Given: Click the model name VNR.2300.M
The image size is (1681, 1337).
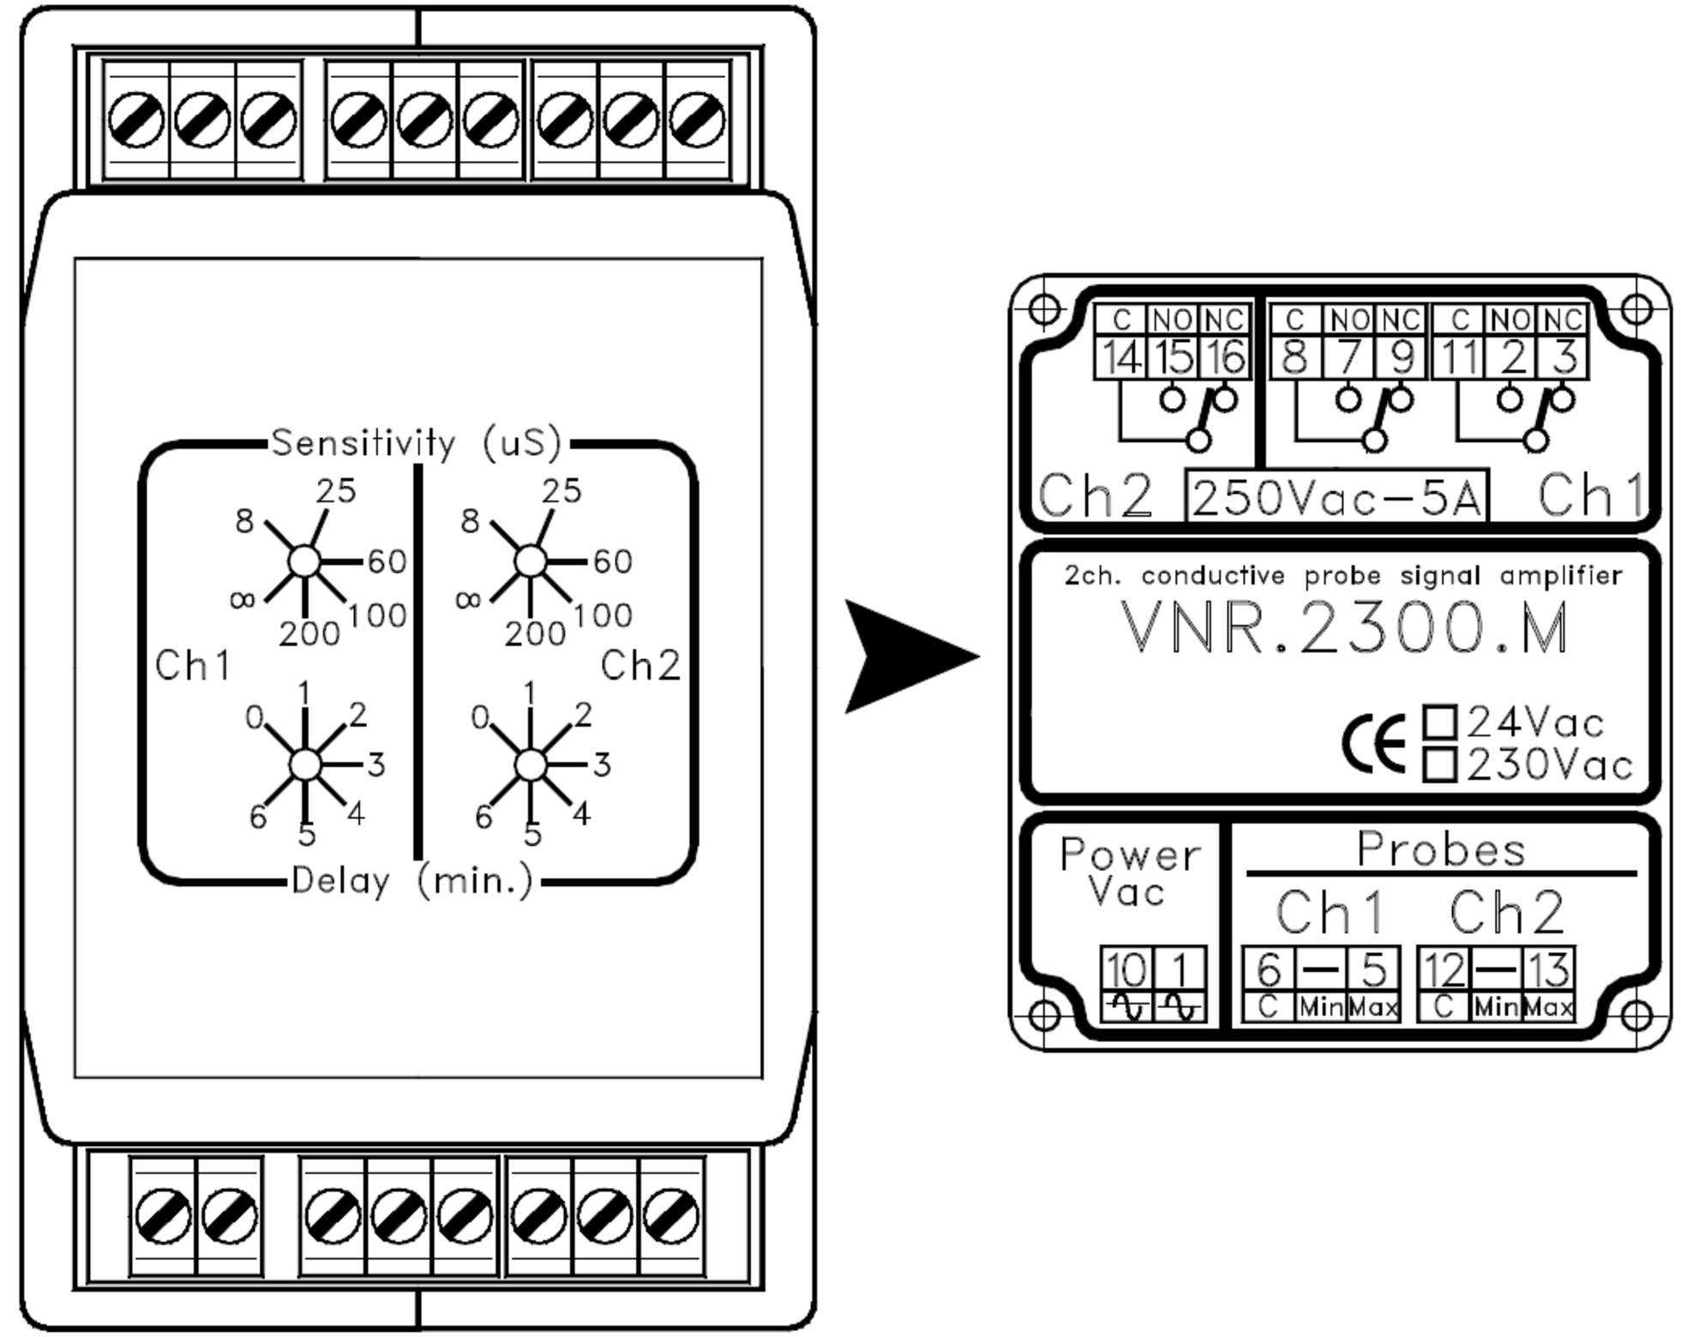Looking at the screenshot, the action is (x=1344, y=628).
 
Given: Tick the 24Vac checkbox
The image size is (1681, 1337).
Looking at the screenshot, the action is (x=1440, y=722).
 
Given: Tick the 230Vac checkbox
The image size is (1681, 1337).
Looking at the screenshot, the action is (x=1440, y=764).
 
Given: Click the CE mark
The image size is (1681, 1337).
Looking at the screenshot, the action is (x=1374, y=743).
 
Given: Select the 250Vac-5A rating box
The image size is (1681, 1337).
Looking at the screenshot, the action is (x=1336, y=495).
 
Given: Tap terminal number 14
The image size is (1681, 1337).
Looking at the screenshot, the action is (x=1120, y=357).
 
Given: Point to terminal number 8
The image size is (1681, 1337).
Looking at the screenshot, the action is (x=1295, y=357).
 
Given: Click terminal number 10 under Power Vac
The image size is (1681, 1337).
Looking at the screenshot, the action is (x=1126, y=969).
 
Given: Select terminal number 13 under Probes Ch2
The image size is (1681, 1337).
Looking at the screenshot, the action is (x=1547, y=970).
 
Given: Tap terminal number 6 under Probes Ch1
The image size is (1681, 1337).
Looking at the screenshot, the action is (x=1269, y=970).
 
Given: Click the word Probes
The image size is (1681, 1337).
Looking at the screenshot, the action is (x=1441, y=849).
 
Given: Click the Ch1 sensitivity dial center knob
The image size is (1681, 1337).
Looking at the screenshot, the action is (x=304, y=562).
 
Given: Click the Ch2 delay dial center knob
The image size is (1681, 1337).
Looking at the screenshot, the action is (x=531, y=764).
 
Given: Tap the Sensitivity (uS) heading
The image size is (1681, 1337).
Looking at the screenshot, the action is (x=417, y=443).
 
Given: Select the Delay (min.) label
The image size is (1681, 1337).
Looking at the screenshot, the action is (x=412, y=880).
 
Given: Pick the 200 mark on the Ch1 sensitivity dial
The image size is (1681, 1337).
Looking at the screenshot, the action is (x=309, y=633).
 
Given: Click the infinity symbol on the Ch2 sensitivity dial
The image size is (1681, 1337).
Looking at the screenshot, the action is (x=468, y=599).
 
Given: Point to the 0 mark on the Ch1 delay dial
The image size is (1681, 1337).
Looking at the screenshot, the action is (x=254, y=716).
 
